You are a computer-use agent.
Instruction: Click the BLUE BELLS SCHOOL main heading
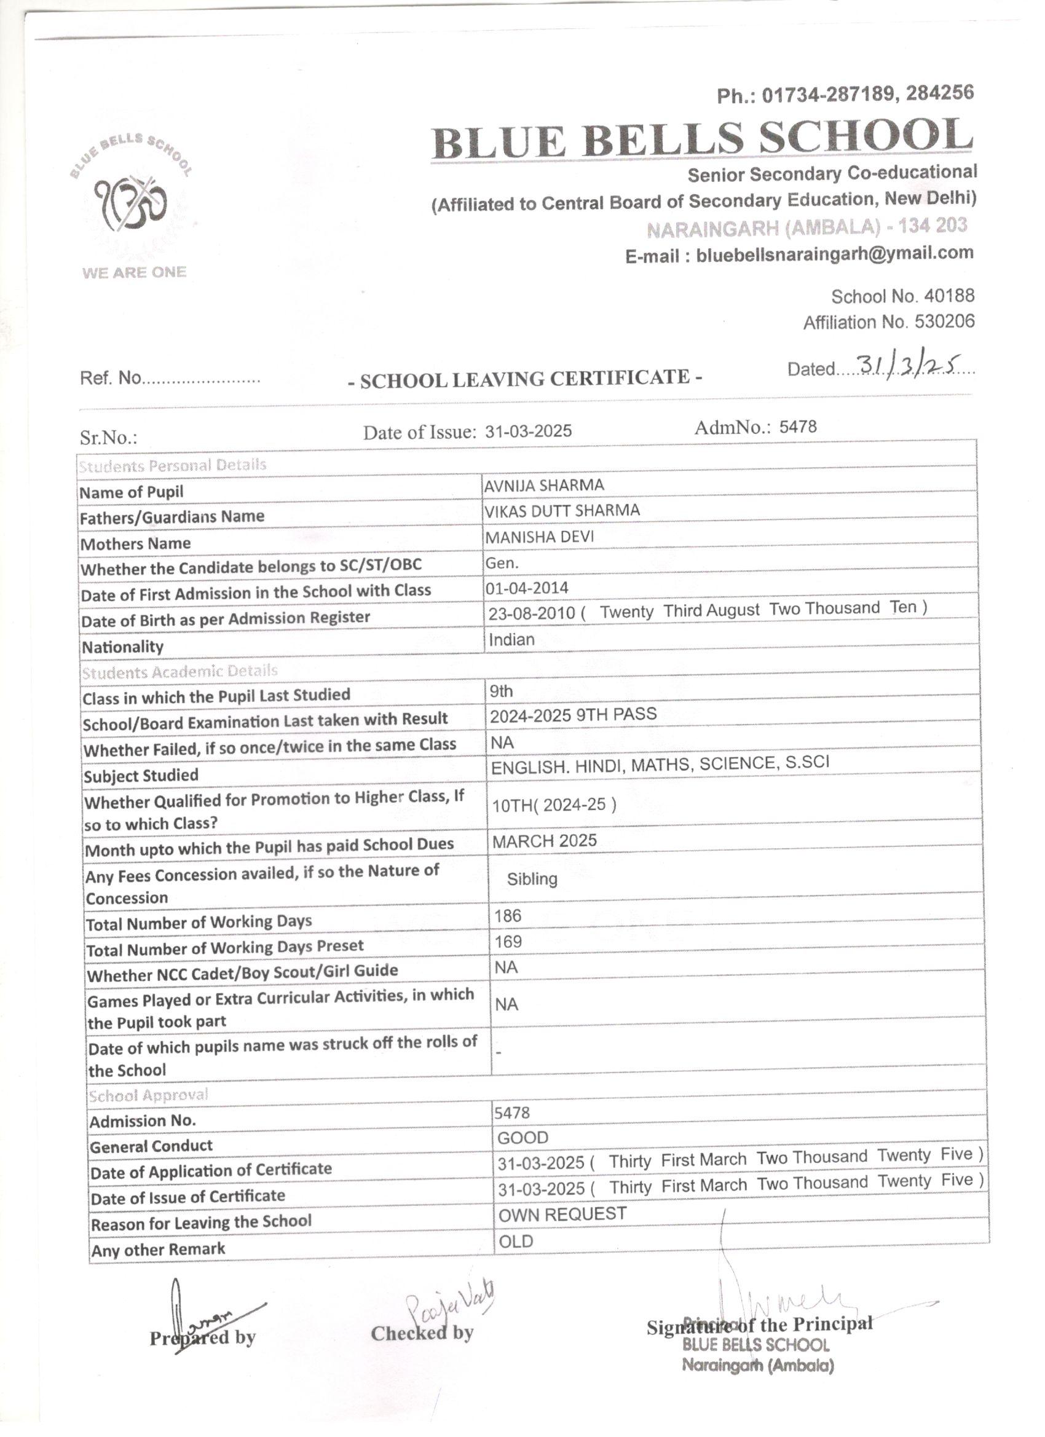[x=702, y=139]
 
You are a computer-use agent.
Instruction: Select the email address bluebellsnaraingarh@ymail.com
[x=834, y=254]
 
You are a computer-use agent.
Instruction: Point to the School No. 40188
[x=902, y=296]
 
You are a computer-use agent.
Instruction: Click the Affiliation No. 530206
[x=888, y=323]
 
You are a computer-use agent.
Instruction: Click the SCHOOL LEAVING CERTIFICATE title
[x=526, y=379]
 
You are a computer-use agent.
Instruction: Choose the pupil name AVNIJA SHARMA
[x=544, y=486]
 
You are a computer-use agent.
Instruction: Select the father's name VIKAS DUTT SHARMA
[x=562, y=511]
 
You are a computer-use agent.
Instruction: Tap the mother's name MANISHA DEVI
[x=539, y=537]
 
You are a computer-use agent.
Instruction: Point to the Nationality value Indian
[x=511, y=640]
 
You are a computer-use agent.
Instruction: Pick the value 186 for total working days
[x=508, y=916]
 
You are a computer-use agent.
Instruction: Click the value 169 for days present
[x=508, y=942]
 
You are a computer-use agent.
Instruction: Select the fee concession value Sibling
[x=532, y=880]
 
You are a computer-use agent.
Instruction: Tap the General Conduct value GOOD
[x=522, y=1138]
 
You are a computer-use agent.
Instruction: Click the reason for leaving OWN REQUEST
[x=562, y=1214]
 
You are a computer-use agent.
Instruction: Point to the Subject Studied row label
[x=141, y=776]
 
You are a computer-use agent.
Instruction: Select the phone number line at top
[x=845, y=95]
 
